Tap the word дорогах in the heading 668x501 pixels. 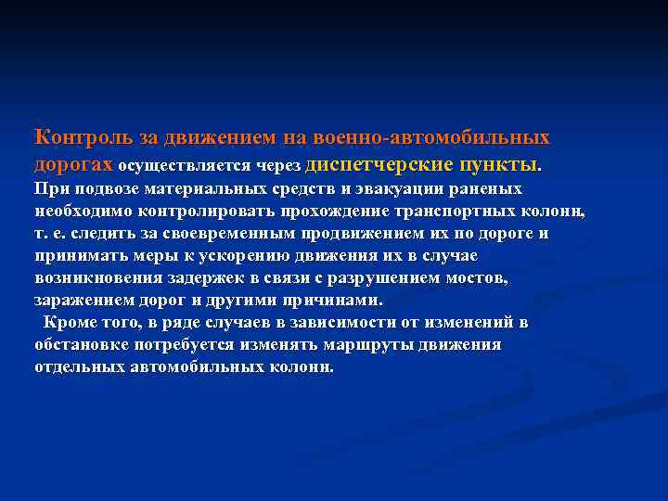click(73, 165)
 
